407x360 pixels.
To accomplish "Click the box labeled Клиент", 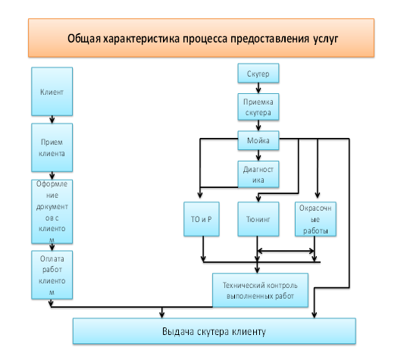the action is [x=52, y=92].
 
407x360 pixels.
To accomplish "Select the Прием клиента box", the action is [x=52, y=148].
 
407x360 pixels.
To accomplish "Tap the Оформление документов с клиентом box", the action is [x=52, y=211].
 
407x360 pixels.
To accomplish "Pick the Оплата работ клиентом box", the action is [x=52, y=275].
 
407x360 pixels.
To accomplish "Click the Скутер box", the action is [x=258, y=74].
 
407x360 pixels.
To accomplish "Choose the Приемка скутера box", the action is [x=258, y=107].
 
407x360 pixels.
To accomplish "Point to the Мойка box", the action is [x=258, y=140].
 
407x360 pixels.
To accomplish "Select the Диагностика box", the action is [x=258, y=174].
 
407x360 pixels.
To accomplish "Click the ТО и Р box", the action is [x=202, y=219].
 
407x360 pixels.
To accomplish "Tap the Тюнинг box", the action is [x=258, y=219].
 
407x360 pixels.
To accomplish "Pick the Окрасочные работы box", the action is [x=315, y=219].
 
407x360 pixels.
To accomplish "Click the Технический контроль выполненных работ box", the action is [x=261, y=290].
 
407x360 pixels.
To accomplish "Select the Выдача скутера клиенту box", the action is [x=214, y=331].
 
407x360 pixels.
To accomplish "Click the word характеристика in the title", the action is [x=142, y=39].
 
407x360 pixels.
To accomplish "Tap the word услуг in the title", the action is [x=325, y=39].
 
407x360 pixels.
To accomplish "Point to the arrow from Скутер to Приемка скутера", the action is [x=258, y=88].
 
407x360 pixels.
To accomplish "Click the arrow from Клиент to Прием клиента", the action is [x=52, y=120].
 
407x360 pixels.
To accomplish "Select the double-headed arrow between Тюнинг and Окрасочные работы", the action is [x=286, y=251].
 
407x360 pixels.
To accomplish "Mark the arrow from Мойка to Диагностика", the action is [x=258, y=155].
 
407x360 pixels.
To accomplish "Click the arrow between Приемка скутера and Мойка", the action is [x=258, y=125].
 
